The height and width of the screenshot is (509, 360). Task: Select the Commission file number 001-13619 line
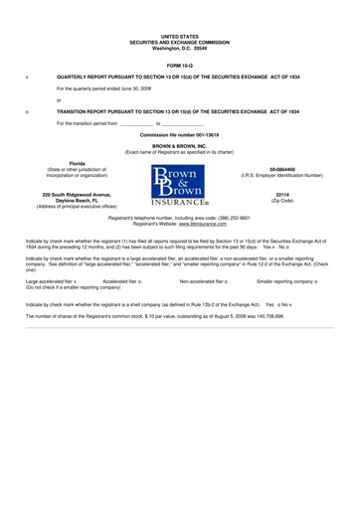pyautogui.click(x=180, y=133)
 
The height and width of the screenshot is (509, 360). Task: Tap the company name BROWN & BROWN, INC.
pyautogui.click(x=180, y=145)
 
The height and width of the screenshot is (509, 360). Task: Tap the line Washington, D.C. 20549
pyautogui.click(x=180, y=48)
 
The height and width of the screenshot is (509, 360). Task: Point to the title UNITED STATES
pyautogui.click(x=180, y=36)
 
